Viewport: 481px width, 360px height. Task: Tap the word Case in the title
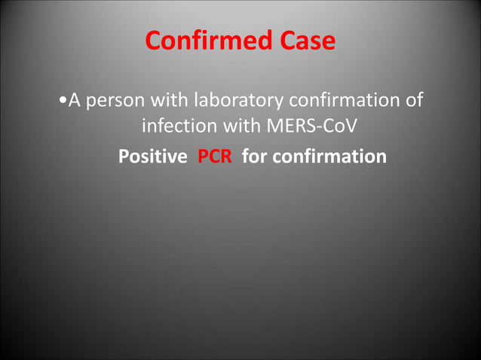[306, 41]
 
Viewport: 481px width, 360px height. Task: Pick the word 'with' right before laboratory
[171, 99]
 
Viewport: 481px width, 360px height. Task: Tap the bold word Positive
[153, 157]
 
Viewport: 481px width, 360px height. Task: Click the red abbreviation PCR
[215, 157]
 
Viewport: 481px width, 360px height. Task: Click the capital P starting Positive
[124, 157]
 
